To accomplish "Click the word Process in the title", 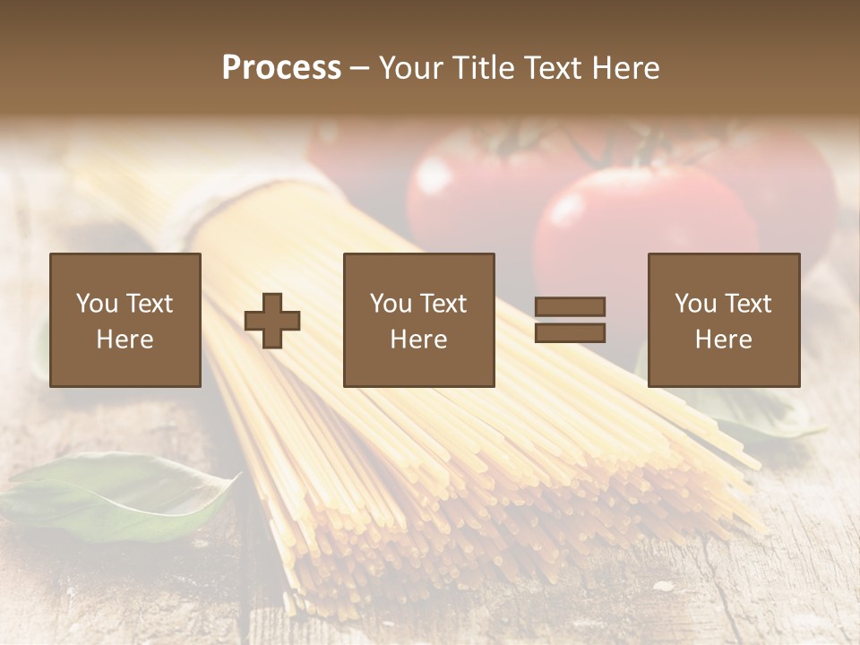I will tap(281, 68).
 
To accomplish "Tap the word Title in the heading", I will tap(484, 68).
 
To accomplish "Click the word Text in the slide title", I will tap(548, 68).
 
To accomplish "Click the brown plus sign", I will tap(272, 320).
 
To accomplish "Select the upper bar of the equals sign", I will tap(570, 306).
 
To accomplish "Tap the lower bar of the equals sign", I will tap(570, 332).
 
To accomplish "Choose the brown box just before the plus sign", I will tap(125, 320).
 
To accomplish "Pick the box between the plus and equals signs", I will tap(418, 320).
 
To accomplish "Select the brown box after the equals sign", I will tap(723, 320).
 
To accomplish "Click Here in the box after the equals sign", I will tap(723, 340).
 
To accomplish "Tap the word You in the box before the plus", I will tap(97, 304).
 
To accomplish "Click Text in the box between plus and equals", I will tap(443, 304).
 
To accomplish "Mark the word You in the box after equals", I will tap(696, 304).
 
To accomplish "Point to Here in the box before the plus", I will tap(125, 340).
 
